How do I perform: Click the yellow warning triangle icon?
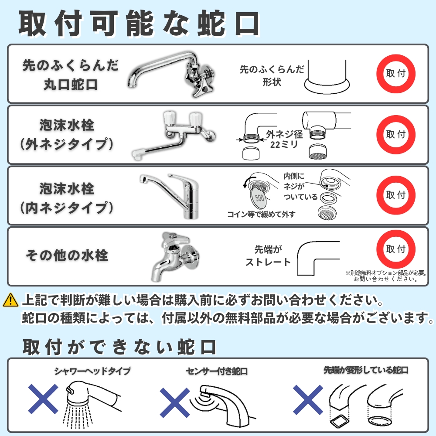[10, 300]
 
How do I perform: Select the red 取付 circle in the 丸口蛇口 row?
[396, 73]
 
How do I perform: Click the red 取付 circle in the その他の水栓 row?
[396, 249]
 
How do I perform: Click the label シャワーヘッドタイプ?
[92, 371]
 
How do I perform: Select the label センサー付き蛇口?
[217, 371]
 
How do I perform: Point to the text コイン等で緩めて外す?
[261, 214]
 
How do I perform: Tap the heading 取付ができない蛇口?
[119, 347]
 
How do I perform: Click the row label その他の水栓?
[66, 255]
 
